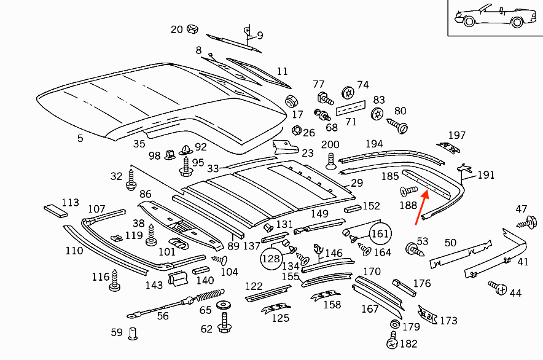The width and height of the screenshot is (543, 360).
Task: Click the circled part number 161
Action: point(381,233)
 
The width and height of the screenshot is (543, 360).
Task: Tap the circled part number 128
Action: point(271,259)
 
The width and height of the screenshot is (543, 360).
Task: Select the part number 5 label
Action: point(80,138)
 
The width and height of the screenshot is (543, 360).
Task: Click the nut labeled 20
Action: point(192,28)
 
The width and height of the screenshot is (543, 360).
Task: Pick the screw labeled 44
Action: point(498,287)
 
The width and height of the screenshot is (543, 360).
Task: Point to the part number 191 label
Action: point(486,175)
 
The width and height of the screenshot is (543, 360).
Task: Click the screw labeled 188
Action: point(408,192)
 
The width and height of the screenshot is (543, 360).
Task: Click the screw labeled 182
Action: point(391,343)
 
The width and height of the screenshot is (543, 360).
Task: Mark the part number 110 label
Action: point(74,251)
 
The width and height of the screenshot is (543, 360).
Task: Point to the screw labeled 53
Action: point(413,249)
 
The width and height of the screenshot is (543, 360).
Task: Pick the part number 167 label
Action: point(370,309)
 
